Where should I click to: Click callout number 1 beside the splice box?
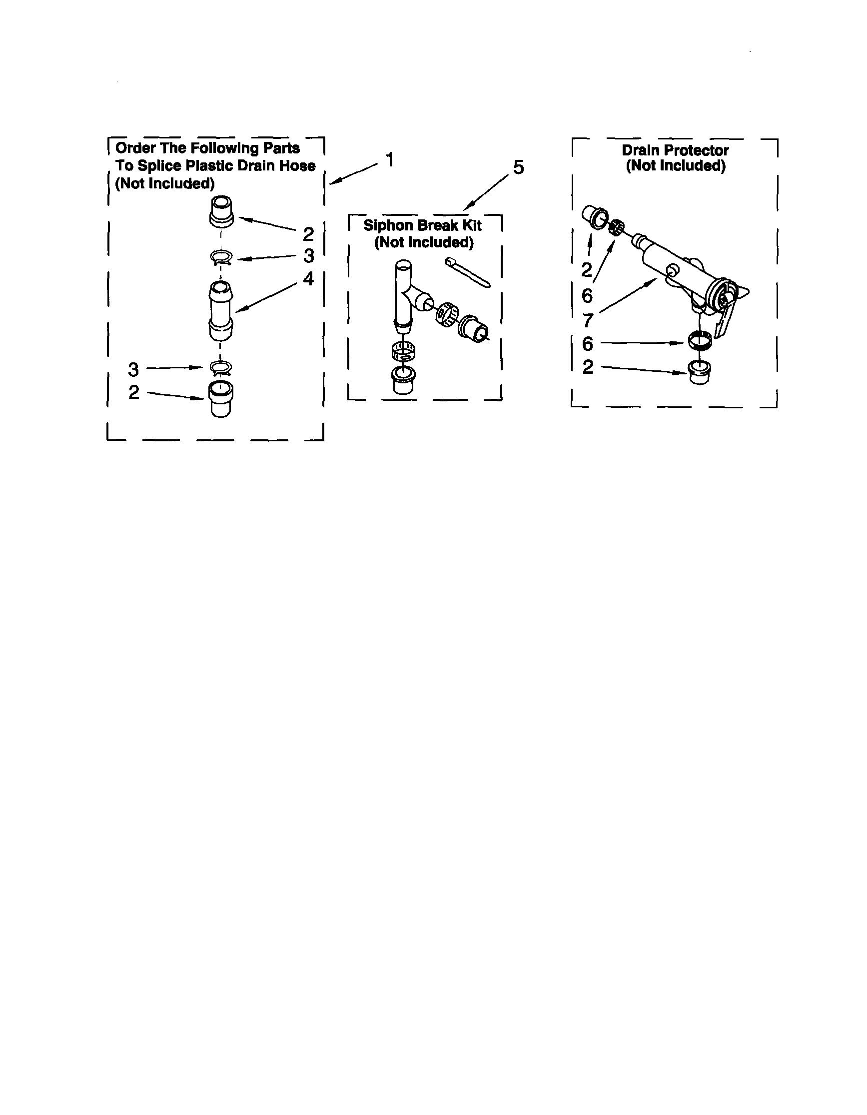pyautogui.click(x=390, y=160)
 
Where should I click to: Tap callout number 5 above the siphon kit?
pyautogui.click(x=518, y=167)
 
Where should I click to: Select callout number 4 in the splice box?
pyautogui.click(x=308, y=279)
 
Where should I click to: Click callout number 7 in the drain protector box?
pyautogui.click(x=588, y=321)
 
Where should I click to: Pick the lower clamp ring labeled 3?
pyautogui.click(x=221, y=366)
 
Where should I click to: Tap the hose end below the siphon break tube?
pyautogui.click(x=403, y=379)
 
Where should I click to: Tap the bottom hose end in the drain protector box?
pyautogui.click(x=699, y=372)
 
